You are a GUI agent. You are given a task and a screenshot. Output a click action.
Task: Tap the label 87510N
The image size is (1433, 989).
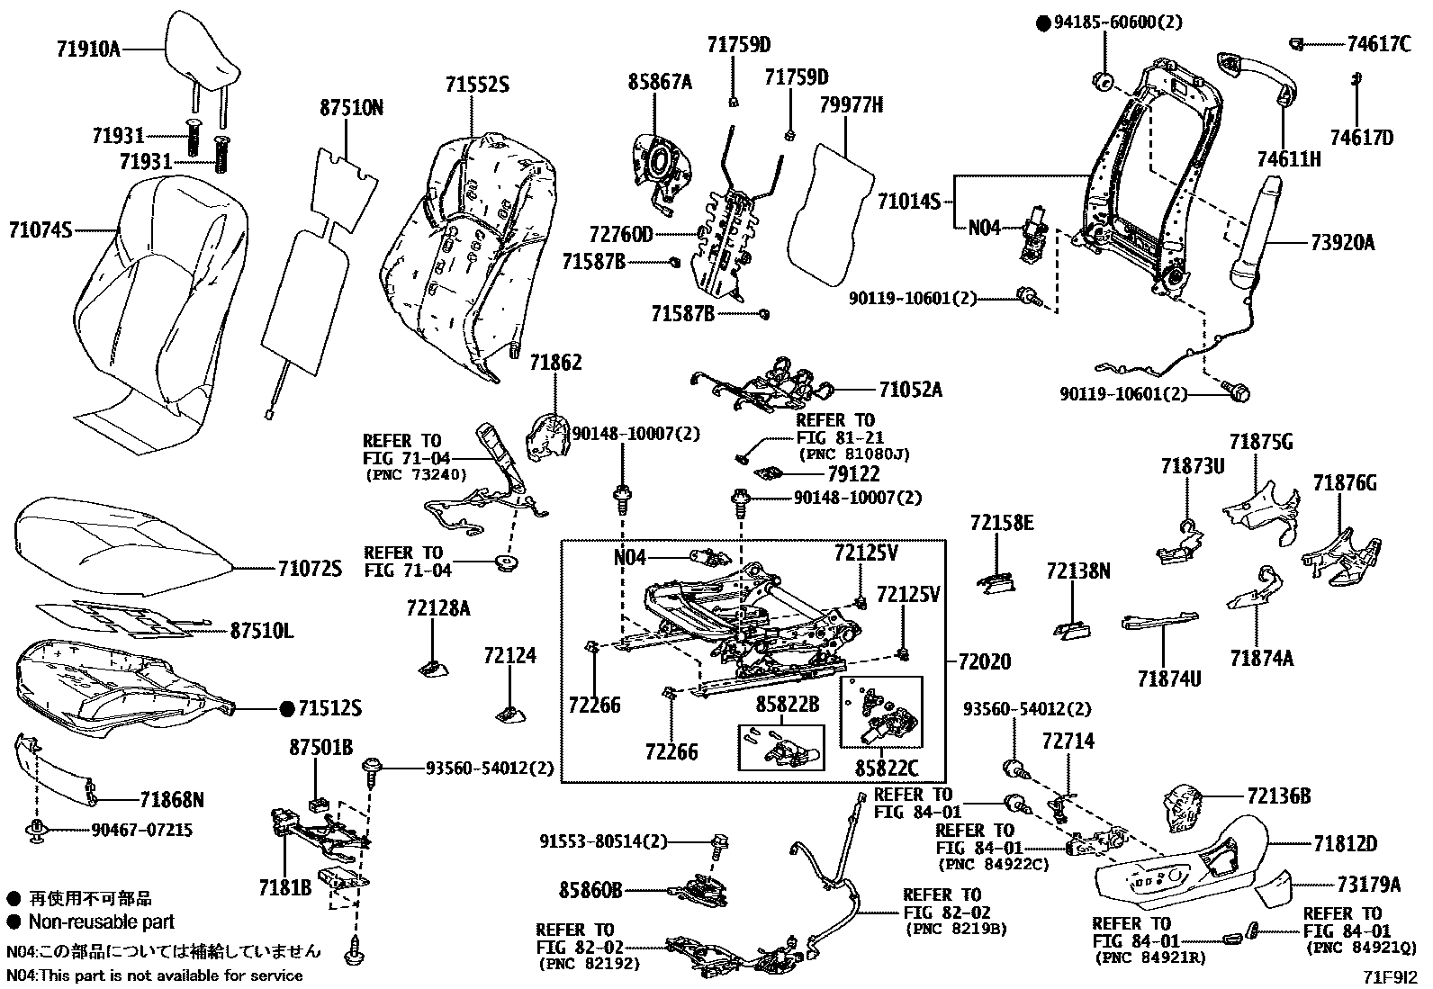pyautogui.click(x=351, y=108)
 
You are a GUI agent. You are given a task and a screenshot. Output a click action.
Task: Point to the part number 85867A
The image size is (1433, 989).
pyautogui.click(x=660, y=83)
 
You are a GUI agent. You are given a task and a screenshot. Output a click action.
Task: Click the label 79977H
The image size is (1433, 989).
pyautogui.click(x=851, y=105)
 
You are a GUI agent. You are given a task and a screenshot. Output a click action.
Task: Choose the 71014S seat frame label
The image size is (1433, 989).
pyautogui.click(x=908, y=202)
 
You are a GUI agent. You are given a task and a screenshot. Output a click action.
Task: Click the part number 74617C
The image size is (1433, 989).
pyautogui.click(x=1378, y=43)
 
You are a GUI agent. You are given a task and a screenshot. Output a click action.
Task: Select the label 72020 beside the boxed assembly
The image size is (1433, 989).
pyautogui.click(x=978, y=661)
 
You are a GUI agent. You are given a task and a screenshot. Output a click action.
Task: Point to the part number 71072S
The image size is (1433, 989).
pyautogui.click(x=310, y=568)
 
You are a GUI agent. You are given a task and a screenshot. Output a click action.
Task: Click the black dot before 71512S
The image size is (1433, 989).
pyautogui.click(x=287, y=709)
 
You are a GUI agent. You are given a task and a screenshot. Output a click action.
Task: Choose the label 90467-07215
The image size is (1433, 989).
pyautogui.click(x=141, y=830)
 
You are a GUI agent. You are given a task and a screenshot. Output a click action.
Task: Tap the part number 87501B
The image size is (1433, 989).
pyautogui.click(x=320, y=748)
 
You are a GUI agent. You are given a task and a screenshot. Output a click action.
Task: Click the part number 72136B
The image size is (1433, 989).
pyautogui.click(x=1279, y=796)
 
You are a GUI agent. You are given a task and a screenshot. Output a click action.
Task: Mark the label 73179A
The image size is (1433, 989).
pyautogui.click(x=1369, y=885)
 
